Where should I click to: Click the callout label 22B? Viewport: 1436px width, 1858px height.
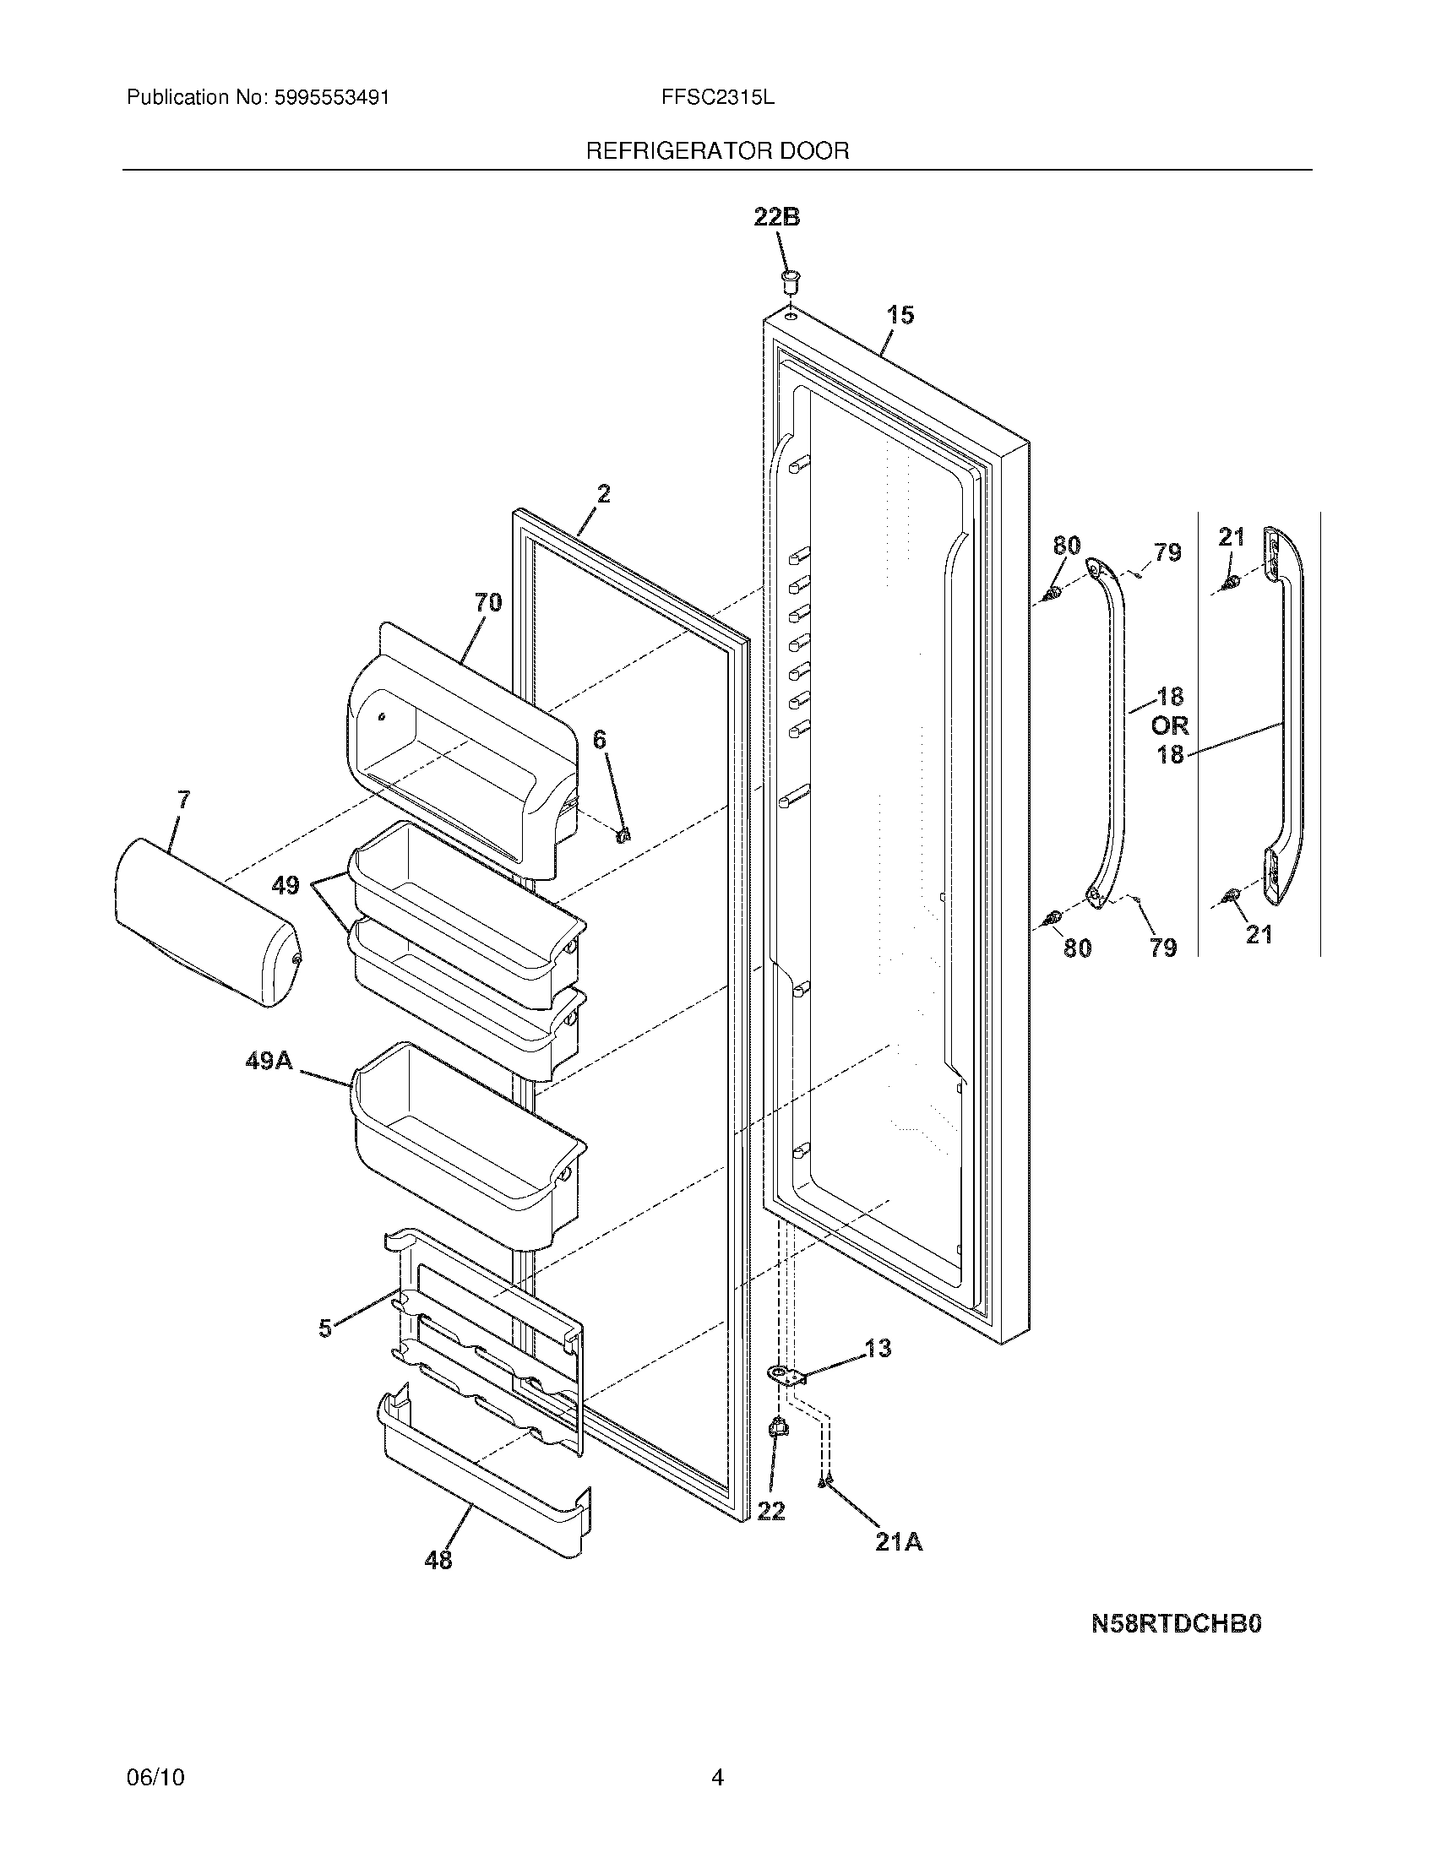pos(775,218)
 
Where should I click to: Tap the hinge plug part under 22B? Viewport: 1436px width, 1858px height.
pos(791,279)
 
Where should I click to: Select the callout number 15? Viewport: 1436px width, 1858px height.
pos(900,316)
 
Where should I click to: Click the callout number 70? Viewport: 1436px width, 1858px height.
pos(487,603)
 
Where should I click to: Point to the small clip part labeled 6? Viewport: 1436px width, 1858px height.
pos(623,834)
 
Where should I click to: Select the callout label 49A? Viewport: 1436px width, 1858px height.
pos(269,1061)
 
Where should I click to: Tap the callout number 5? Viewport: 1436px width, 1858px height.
pos(325,1328)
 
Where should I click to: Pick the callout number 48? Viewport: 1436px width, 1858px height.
pos(438,1560)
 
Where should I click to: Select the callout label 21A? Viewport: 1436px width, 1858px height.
pos(900,1542)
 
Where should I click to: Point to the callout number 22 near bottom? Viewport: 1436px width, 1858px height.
pos(770,1512)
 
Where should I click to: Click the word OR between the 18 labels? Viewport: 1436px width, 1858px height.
pos(1170,725)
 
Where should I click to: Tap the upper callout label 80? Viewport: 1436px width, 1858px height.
pos(1067,546)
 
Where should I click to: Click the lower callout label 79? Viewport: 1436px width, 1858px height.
pos(1163,948)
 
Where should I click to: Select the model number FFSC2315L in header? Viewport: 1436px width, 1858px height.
pos(717,98)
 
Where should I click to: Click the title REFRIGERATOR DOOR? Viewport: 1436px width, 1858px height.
pos(717,151)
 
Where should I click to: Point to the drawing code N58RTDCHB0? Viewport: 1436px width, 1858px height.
pos(1176,1624)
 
